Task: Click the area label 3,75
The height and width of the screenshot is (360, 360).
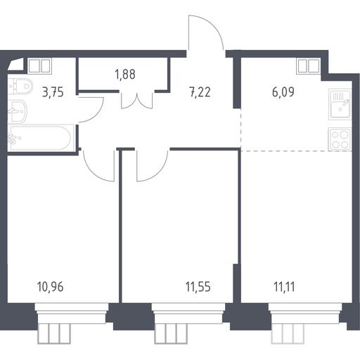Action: [53, 92]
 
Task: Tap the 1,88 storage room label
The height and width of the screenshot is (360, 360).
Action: [125, 75]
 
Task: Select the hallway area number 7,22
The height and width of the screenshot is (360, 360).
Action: [200, 92]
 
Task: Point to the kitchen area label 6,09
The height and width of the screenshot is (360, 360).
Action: [283, 91]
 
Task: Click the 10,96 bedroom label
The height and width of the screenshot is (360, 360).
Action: [50, 287]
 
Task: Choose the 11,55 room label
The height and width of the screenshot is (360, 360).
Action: [198, 287]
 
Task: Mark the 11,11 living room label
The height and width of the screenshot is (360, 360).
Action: [284, 287]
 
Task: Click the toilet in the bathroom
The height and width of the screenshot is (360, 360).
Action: [20, 86]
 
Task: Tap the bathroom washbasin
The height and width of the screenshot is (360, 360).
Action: [18, 111]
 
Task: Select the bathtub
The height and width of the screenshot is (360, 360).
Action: [41, 138]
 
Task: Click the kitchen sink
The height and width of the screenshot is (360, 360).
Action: [340, 104]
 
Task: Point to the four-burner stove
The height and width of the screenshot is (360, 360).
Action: [340, 139]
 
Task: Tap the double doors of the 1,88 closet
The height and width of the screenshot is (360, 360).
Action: [137, 101]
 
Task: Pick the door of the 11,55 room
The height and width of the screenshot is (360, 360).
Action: [160, 173]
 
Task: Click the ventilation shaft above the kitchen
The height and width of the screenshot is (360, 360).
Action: [309, 66]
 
